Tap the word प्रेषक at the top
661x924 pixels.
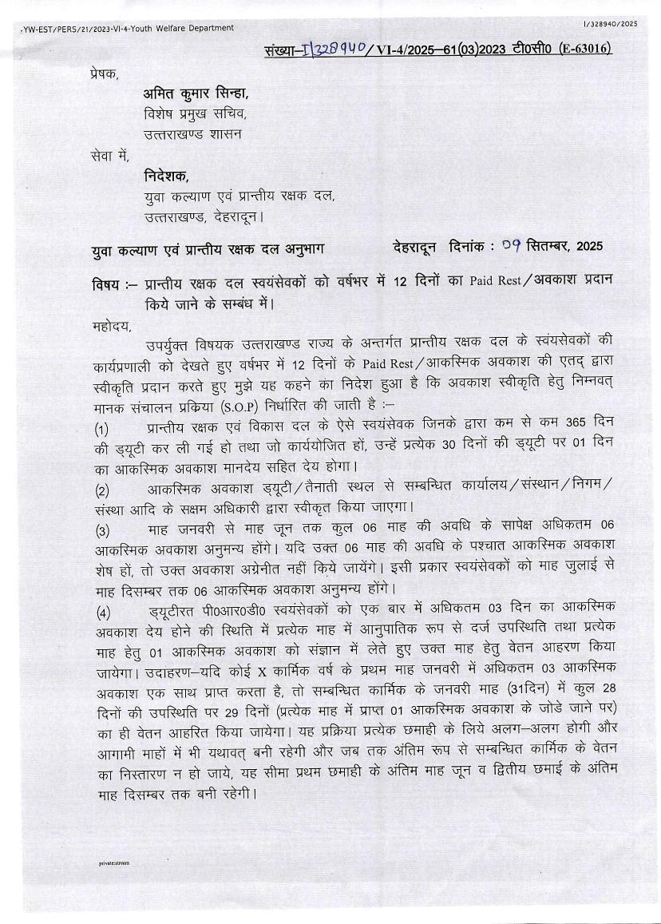pos(105,75)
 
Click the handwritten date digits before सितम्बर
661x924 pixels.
pos(513,245)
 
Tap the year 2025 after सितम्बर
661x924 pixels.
pos(586,245)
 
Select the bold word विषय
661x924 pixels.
pos(105,285)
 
